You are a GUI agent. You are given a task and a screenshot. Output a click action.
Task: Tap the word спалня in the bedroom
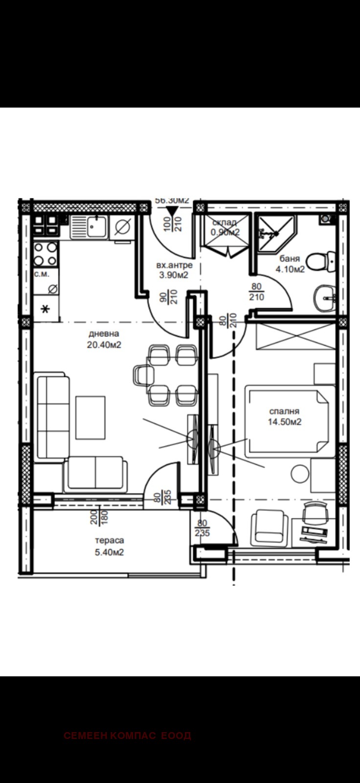click(284, 412)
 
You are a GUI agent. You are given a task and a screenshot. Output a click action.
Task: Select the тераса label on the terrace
click(110, 540)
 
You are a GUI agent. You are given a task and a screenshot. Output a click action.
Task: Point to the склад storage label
click(225, 223)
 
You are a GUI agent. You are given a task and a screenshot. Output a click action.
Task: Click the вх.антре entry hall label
click(174, 265)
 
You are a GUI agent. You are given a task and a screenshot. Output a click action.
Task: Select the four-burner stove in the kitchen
click(45, 254)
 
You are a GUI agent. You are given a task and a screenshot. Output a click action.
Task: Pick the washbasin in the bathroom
click(325, 297)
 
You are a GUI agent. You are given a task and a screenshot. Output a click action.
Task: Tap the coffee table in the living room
click(90, 417)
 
